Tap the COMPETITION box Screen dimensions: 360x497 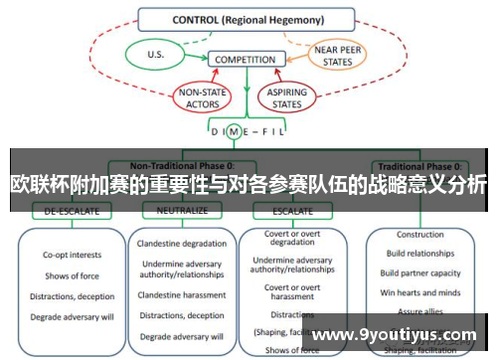click(x=245, y=60)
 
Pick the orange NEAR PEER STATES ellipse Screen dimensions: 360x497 click(x=339, y=55)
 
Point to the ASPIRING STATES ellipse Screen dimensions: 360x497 click(x=288, y=96)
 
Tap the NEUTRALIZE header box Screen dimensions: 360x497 click(x=181, y=211)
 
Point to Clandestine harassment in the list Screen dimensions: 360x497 click(x=182, y=293)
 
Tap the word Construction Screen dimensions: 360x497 click(x=420, y=236)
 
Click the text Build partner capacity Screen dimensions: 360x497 click(x=420, y=273)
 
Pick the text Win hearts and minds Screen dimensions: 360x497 click(x=420, y=291)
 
